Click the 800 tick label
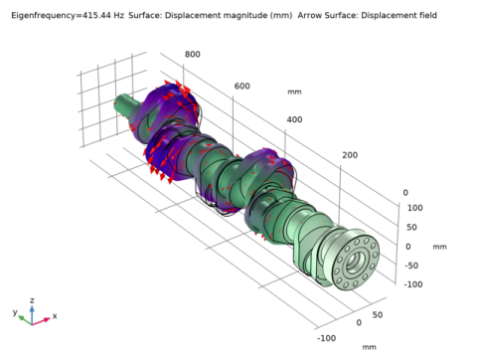point(193,54)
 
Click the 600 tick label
point(242,87)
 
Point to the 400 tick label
point(294,119)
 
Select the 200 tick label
point(350,155)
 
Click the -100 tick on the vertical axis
point(413,284)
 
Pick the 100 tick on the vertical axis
point(415,208)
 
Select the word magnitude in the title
point(243,16)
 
